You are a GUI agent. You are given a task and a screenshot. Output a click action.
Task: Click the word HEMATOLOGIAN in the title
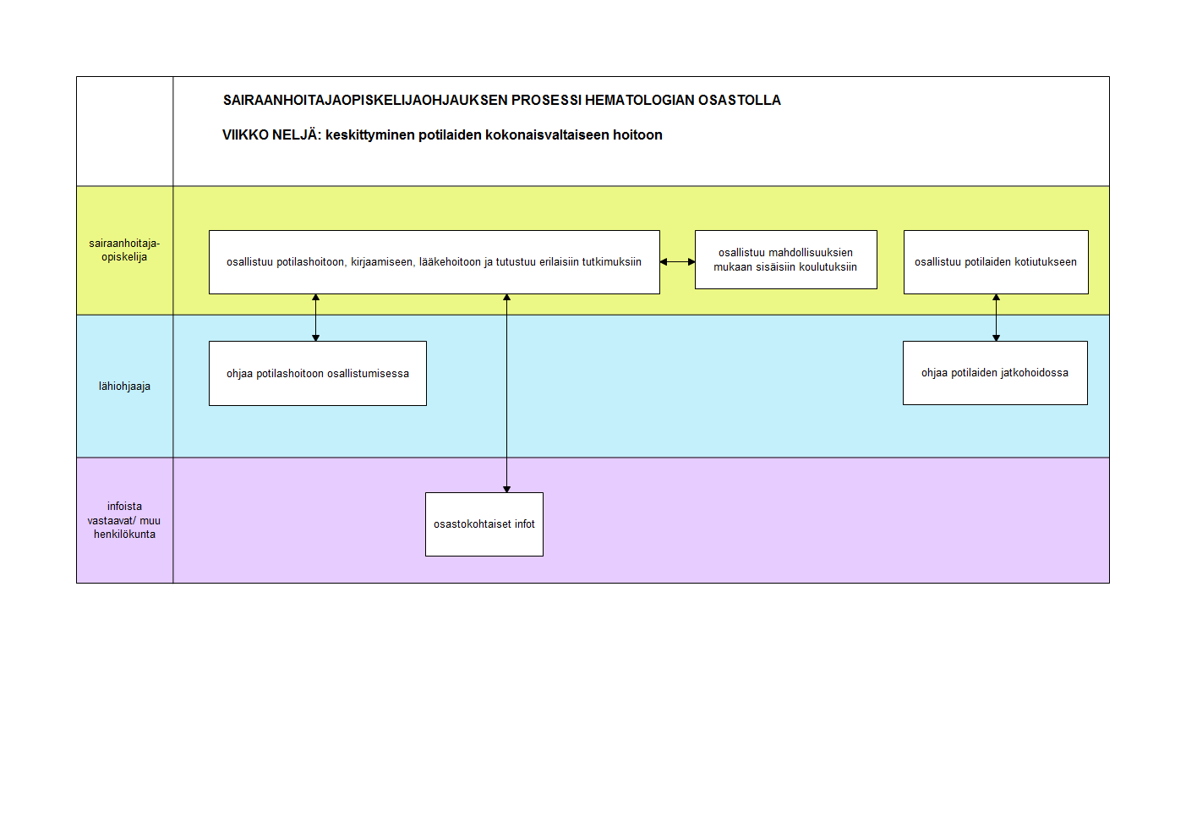640,100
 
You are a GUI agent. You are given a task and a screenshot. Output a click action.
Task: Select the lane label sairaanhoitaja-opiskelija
124,250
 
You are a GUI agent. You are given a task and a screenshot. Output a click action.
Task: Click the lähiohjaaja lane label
124,387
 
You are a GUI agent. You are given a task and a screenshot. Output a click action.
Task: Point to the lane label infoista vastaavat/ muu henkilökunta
124,520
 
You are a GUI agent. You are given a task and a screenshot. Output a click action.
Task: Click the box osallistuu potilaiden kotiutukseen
996,262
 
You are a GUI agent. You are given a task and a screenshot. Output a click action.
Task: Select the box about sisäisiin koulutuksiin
785,260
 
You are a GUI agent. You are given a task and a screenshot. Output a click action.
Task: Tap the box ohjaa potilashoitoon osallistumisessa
318,374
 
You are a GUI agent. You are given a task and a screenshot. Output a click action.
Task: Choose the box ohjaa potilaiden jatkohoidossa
996,373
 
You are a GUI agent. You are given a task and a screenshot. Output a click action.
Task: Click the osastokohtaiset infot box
484,524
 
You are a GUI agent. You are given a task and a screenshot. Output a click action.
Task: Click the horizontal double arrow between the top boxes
678,261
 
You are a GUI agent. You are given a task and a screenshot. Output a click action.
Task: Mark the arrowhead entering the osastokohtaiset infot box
506,490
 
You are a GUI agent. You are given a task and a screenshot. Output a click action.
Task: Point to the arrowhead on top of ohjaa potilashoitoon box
315,338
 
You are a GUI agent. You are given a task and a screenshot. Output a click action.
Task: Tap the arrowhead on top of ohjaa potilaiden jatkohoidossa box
996,338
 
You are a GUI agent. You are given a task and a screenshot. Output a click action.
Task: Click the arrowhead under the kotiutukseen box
996,297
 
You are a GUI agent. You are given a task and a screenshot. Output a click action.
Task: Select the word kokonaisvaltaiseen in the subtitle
548,134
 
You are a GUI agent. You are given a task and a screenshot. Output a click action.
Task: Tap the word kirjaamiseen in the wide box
382,262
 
